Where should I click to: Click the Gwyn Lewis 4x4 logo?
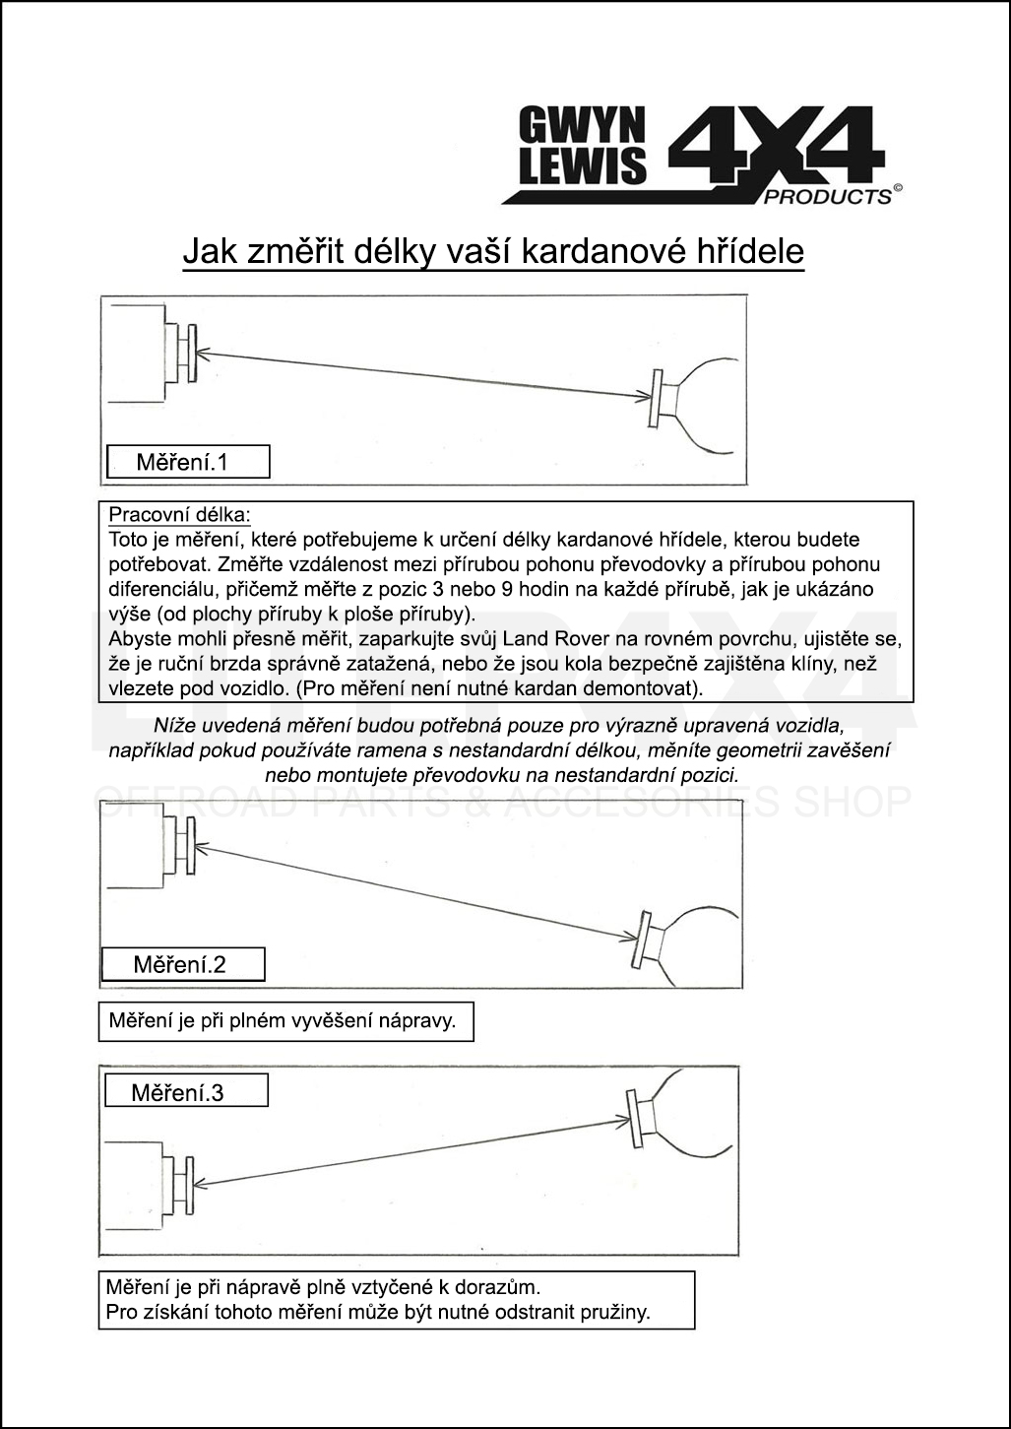[700, 156]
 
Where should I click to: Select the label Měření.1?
[187, 461]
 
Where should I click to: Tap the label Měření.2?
[182, 964]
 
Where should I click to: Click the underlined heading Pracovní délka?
[179, 514]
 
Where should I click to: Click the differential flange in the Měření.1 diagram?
[655, 398]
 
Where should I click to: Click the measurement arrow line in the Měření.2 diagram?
[413, 891]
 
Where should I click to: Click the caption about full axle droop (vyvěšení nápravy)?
[284, 1020]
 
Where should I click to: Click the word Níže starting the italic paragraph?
[173, 726]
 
